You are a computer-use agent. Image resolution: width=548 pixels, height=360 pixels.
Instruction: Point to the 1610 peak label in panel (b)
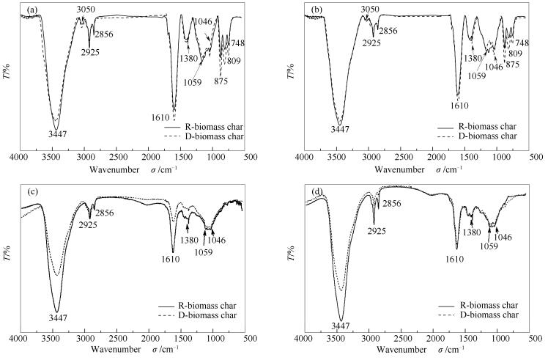(x=459, y=106)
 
